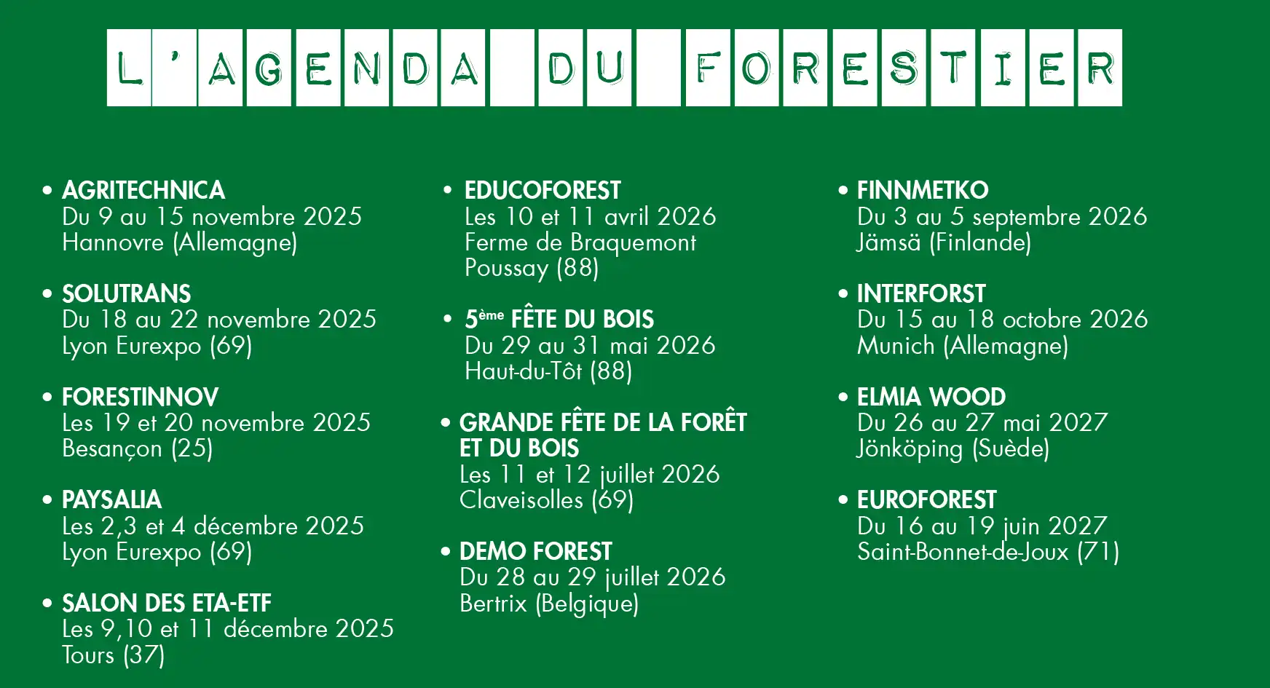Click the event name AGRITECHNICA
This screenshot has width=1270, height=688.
(x=143, y=191)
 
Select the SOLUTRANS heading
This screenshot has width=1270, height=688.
(x=126, y=294)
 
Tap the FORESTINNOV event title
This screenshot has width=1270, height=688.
(x=140, y=398)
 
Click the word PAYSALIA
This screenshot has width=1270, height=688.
(x=111, y=500)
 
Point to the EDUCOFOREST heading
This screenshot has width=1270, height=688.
(x=543, y=191)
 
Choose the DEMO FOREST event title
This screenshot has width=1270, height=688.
(x=535, y=552)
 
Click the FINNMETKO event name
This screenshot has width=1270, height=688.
(x=923, y=191)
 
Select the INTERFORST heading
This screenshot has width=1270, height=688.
(x=921, y=294)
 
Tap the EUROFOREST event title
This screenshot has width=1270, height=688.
(x=926, y=500)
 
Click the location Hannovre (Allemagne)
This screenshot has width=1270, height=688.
(x=180, y=242)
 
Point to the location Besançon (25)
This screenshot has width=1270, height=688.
(x=138, y=448)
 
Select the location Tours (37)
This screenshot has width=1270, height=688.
(x=113, y=655)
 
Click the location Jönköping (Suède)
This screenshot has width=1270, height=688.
(x=953, y=448)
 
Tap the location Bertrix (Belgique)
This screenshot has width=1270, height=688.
(x=549, y=604)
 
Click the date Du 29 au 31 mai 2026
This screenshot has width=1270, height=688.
(x=590, y=345)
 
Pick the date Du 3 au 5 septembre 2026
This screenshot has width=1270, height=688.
(x=1002, y=217)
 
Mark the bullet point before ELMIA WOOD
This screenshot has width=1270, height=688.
(x=843, y=398)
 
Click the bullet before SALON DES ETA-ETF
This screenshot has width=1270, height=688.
(x=48, y=604)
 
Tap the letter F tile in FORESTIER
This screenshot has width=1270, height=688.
(x=708, y=68)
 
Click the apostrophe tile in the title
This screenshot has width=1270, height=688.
(x=175, y=68)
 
